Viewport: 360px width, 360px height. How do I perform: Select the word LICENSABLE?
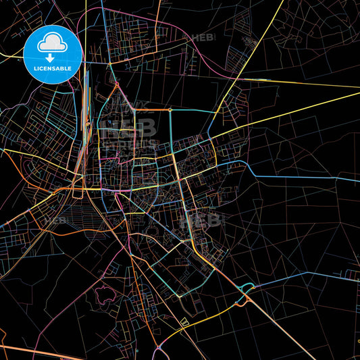coord(52,69)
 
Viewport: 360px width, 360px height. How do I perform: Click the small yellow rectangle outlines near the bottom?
coord(184,323)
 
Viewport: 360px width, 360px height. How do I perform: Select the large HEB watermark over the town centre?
coord(128,128)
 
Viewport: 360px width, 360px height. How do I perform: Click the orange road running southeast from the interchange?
coord(284,331)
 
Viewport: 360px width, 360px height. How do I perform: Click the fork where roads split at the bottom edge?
coord(159,347)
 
